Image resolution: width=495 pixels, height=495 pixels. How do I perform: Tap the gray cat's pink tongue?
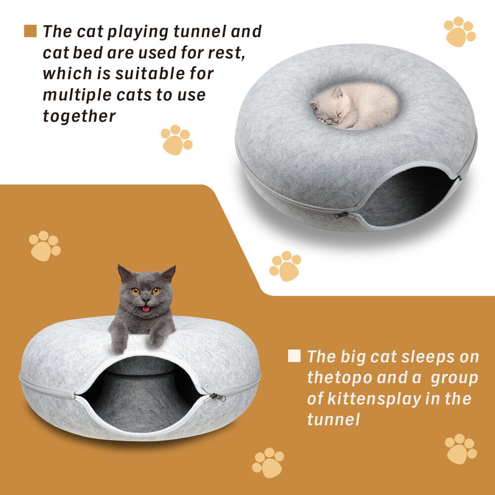(146, 308)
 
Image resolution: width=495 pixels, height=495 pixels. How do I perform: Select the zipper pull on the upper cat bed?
(342, 215)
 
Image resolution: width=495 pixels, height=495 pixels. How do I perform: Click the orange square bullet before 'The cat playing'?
(30, 31)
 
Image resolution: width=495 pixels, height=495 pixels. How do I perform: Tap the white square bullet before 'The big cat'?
(294, 356)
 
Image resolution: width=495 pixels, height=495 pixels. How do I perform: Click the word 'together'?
(79, 116)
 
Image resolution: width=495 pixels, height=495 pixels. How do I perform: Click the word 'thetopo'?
(340, 378)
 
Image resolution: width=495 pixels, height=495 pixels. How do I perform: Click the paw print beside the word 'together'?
(176, 140)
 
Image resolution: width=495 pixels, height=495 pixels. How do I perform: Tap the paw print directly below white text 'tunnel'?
(267, 463)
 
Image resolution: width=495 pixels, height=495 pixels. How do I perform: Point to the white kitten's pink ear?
(339, 93)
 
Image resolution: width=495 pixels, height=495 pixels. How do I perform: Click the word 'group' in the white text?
(454, 378)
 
